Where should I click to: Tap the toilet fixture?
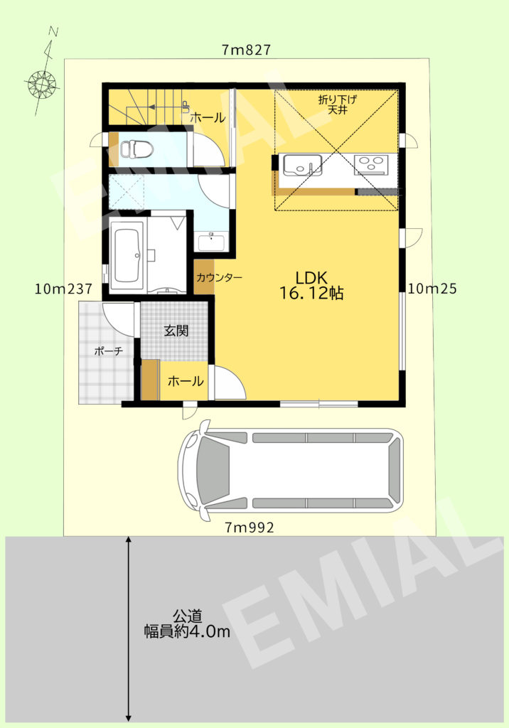tap(136, 149)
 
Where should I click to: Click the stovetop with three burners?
tap(371, 164)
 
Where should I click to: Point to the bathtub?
tap(129, 254)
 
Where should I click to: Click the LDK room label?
tap(311, 276)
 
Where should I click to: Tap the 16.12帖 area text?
tap(311, 293)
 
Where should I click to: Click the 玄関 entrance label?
tap(176, 331)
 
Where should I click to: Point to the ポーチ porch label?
tap(109, 350)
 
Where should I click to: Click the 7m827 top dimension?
tap(246, 50)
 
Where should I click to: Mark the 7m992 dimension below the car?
tap(249, 527)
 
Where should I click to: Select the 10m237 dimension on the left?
tap(64, 289)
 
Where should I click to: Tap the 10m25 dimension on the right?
tap(432, 289)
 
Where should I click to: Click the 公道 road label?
tap(188, 616)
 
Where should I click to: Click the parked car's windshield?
tap(211, 470)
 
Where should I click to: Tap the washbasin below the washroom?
tap(210, 242)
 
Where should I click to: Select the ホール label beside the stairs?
tap(208, 117)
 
